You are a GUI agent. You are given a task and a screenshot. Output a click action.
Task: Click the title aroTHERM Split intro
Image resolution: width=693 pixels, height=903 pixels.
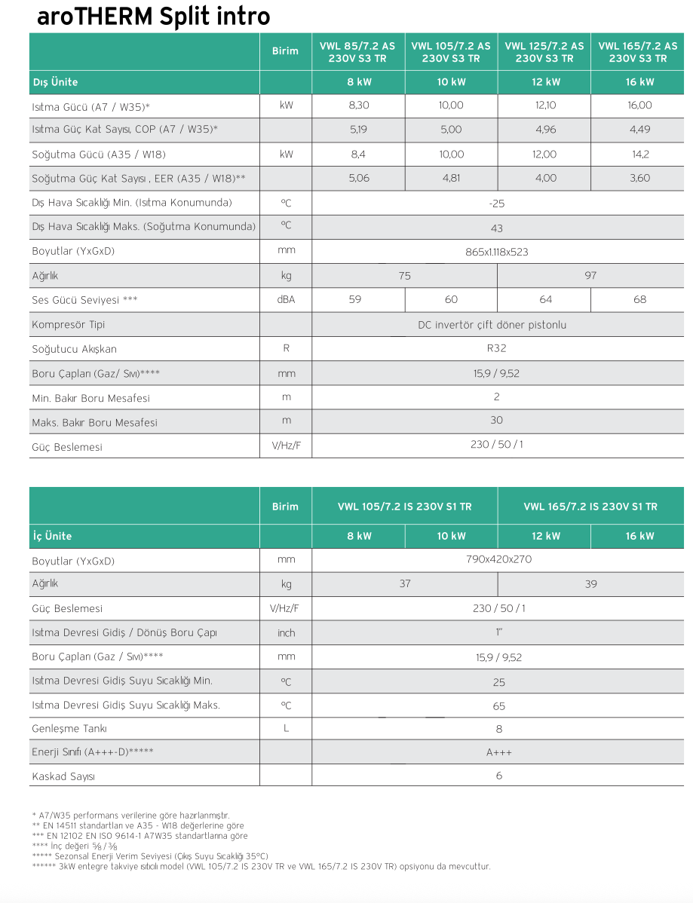pyautogui.click(x=153, y=17)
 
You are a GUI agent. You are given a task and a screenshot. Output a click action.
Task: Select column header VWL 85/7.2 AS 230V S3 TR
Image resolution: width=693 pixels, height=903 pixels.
pyautogui.click(x=358, y=52)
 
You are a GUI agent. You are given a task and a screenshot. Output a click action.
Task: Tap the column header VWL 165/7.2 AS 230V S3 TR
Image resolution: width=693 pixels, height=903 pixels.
pyautogui.click(x=637, y=52)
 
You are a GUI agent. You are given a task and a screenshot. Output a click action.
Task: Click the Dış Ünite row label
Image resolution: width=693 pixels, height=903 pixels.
pyautogui.click(x=55, y=82)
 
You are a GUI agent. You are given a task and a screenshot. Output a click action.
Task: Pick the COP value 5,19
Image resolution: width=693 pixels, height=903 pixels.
pyautogui.click(x=358, y=130)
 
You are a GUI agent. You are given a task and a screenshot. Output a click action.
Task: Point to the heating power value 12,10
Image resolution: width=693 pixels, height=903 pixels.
pyautogui.click(x=545, y=106)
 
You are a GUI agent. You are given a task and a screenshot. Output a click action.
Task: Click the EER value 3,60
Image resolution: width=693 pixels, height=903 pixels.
pyautogui.click(x=639, y=179)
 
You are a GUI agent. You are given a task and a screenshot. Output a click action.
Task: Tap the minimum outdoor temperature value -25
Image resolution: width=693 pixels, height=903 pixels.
pyautogui.click(x=497, y=204)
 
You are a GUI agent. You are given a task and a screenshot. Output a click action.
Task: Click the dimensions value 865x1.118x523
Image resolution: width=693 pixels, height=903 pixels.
pyautogui.click(x=497, y=252)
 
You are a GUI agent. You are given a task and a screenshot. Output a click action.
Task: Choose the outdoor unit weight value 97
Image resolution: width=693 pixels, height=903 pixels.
pyautogui.click(x=590, y=276)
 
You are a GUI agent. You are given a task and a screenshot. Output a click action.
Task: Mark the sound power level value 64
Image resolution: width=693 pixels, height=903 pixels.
pyautogui.click(x=545, y=300)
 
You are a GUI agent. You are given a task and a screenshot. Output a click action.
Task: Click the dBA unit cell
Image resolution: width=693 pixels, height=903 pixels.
pyautogui.click(x=286, y=300)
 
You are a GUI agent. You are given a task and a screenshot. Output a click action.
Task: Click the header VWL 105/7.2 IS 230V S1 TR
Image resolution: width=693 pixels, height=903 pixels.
pyautogui.click(x=404, y=507)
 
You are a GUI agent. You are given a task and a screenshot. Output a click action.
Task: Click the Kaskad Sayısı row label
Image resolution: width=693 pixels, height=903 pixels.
pyautogui.click(x=63, y=776)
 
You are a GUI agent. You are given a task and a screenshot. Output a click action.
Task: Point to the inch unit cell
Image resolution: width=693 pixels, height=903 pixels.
pyautogui.click(x=286, y=633)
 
